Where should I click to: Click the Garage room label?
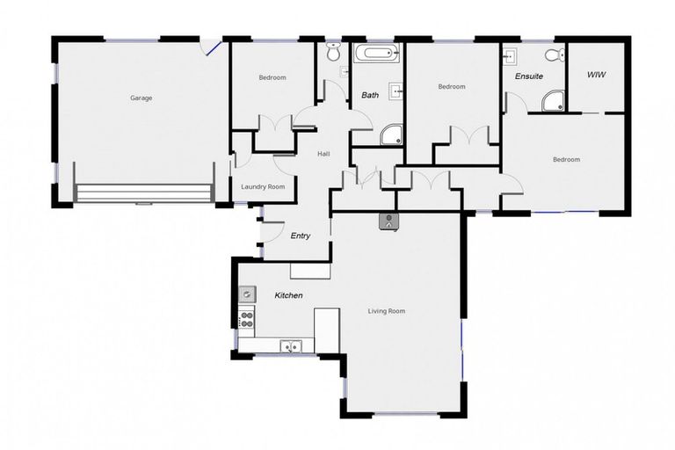141,98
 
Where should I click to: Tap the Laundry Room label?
263,186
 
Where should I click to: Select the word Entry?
301,236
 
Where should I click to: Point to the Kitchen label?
288,295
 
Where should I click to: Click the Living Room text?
386,311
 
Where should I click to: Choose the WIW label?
598,76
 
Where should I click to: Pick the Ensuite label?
530,76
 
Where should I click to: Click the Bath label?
370,95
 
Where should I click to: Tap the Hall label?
323,155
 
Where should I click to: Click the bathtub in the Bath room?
376,53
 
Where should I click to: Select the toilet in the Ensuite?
553,54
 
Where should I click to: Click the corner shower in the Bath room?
391,134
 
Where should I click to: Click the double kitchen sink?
290,346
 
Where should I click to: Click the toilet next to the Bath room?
333,53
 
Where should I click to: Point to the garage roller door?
143,193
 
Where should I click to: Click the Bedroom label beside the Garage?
272,78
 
